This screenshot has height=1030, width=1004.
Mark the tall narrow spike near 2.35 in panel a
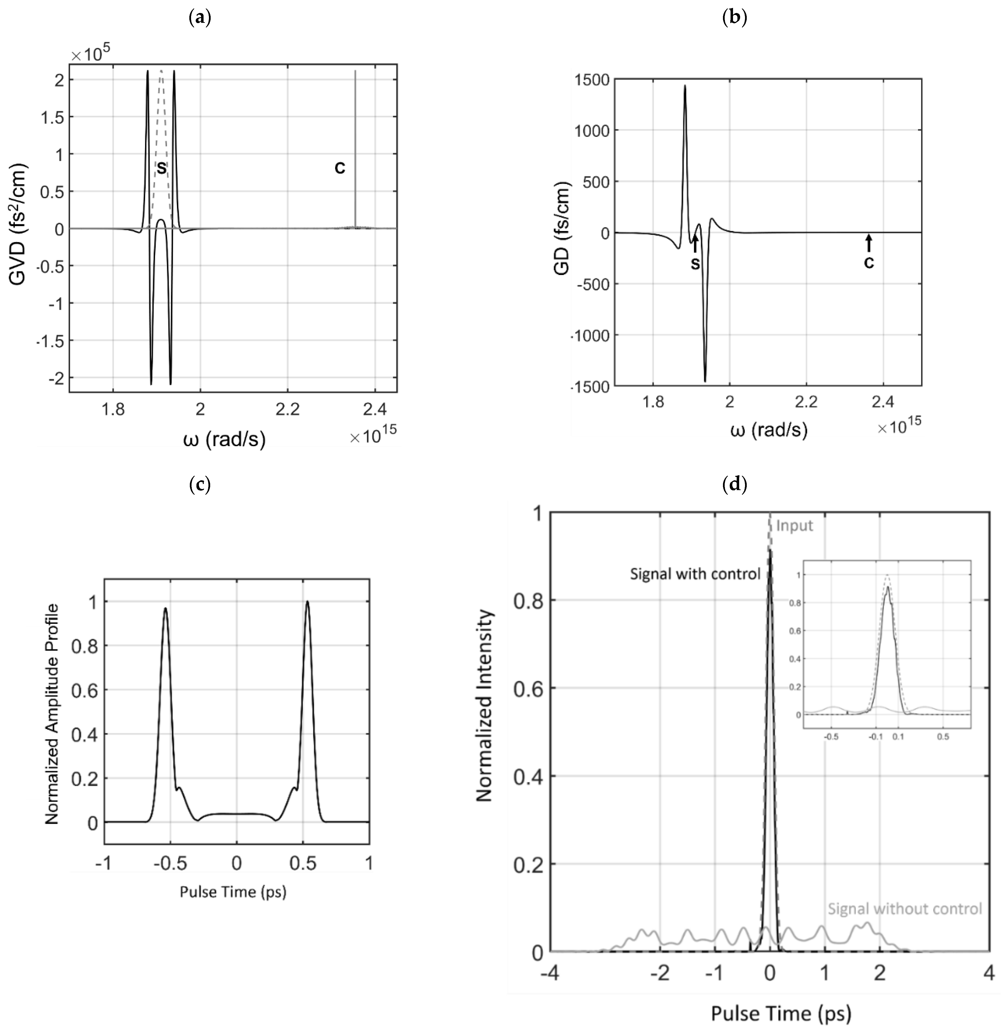(355, 148)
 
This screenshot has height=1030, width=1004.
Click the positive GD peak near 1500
(685, 87)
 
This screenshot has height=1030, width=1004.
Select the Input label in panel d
(794, 526)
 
